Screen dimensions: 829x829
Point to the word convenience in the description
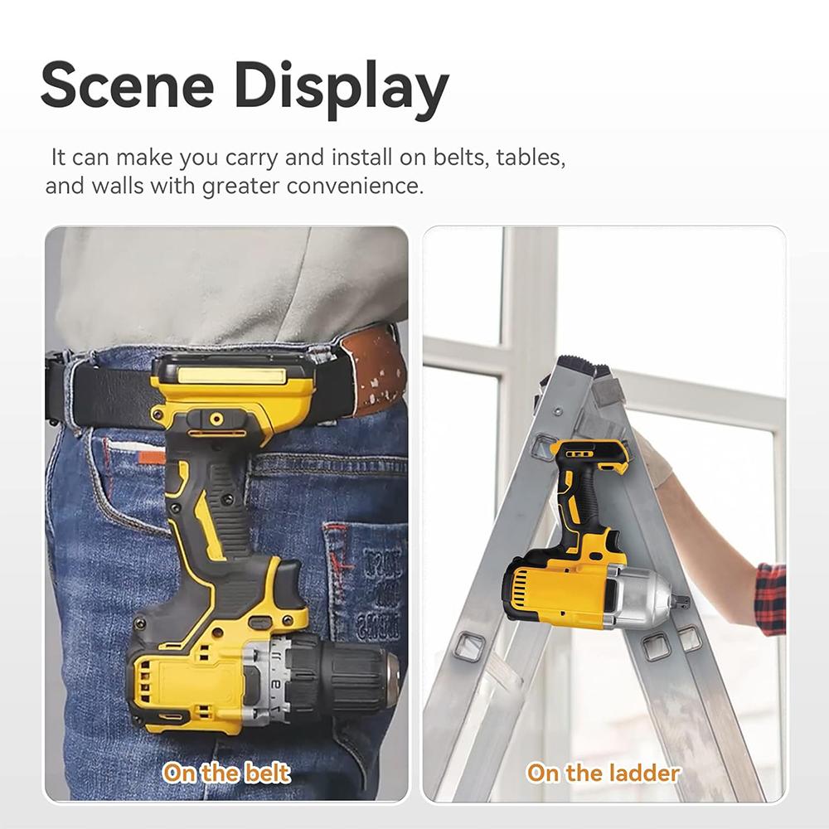coord(355,186)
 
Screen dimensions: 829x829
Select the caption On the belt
coord(225,773)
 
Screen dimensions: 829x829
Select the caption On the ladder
coord(603,773)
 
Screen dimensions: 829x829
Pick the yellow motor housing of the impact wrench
coord(555,593)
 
